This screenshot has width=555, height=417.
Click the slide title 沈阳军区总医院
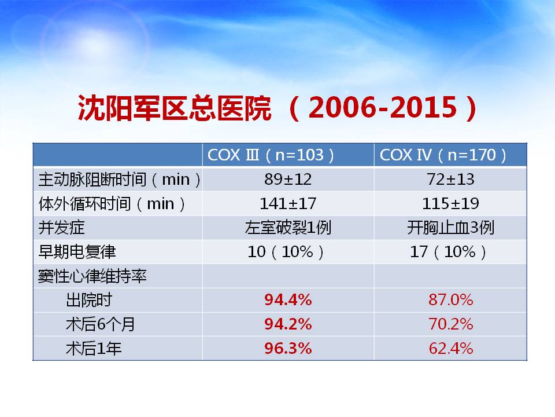click(x=175, y=108)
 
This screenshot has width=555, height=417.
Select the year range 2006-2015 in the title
click(x=383, y=108)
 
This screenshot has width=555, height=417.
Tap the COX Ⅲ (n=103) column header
click(x=271, y=155)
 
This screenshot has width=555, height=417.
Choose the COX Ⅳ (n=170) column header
click(x=443, y=155)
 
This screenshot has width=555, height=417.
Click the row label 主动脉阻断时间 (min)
click(x=120, y=180)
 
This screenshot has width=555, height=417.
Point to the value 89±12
click(x=288, y=180)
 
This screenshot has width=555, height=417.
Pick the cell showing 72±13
click(x=450, y=180)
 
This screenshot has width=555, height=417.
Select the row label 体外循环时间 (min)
click(x=112, y=204)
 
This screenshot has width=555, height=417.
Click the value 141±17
click(x=288, y=203)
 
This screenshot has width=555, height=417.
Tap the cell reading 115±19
click(x=450, y=203)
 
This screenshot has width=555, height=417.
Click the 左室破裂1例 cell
click(x=288, y=228)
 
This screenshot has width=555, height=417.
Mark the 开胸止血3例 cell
click(x=450, y=228)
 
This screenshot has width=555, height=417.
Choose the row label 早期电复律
click(x=77, y=252)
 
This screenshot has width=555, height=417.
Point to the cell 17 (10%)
click(x=448, y=252)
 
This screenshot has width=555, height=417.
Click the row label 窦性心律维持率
click(x=92, y=276)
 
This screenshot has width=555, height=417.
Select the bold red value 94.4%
click(x=288, y=300)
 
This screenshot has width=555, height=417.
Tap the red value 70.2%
click(x=450, y=324)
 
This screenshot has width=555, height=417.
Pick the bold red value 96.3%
click(x=288, y=348)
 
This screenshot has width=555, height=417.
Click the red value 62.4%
click(x=450, y=348)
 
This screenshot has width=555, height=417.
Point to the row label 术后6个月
click(x=101, y=324)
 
